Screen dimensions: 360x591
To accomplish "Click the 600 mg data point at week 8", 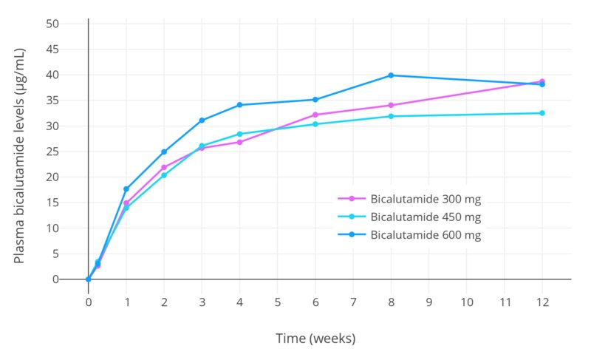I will click(x=391, y=75).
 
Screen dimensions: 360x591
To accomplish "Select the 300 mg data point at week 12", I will click(x=542, y=81).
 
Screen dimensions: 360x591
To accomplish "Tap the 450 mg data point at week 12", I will click(x=542, y=113).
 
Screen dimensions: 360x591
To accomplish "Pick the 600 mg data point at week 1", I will click(x=126, y=189).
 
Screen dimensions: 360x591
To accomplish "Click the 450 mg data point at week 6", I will click(x=315, y=124).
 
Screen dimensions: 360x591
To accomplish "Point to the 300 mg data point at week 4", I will click(x=239, y=142).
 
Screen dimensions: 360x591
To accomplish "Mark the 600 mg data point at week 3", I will click(x=202, y=120).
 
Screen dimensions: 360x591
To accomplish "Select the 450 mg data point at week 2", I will click(x=164, y=175).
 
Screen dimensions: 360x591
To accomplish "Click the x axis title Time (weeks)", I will click(x=315, y=339).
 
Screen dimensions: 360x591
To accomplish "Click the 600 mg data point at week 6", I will click(x=315, y=100).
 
